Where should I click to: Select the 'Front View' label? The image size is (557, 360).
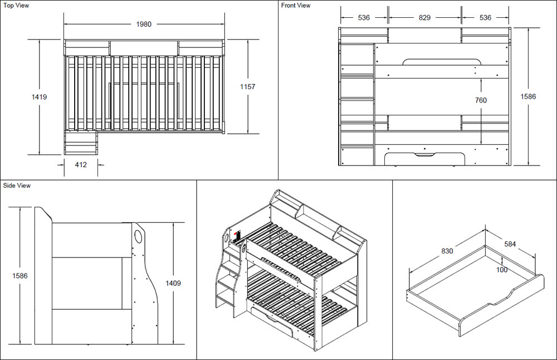[x=296, y=6]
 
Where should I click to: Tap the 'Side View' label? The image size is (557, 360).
[x=17, y=186]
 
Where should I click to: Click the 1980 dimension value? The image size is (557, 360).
[x=144, y=24]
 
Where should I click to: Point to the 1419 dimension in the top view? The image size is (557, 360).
[x=39, y=97]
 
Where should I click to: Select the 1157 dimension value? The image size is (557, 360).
[x=247, y=86]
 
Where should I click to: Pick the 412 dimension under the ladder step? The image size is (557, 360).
[x=81, y=164]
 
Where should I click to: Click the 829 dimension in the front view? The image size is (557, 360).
[x=424, y=18]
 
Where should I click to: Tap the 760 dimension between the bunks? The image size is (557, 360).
[x=480, y=100]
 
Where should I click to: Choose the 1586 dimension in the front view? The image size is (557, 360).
[x=527, y=96]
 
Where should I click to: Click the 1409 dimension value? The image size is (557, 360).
[x=173, y=283]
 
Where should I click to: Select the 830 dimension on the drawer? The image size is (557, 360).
[x=447, y=251]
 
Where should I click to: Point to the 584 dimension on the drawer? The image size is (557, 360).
[x=510, y=244]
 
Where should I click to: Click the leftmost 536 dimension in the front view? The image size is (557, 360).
[x=364, y=18]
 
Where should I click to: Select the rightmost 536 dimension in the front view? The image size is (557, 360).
[x=485, y=18]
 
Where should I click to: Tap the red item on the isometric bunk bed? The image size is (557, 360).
[x=236, y=236]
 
